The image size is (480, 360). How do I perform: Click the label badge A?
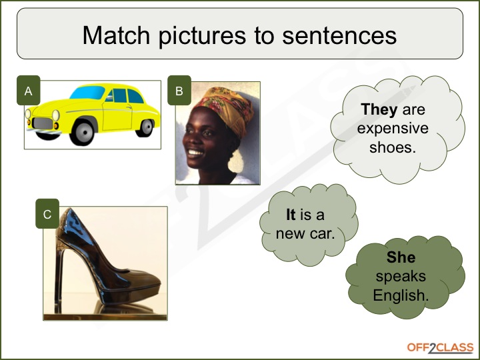(x=29, y=90)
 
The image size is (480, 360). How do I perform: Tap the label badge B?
(x=179, y=90)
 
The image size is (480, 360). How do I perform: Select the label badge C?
(x=47, y=214)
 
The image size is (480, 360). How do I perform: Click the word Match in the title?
(x=116, y=35)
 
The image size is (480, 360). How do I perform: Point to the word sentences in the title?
(x=339, y=36)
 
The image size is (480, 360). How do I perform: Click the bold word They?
(x=379, y=109)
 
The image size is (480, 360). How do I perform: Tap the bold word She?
(x=401, y=257)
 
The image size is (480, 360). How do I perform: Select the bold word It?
(x=291, y=214)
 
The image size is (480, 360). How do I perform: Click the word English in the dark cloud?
(x=401, y=296)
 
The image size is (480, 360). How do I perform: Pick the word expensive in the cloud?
(x=393, y=129)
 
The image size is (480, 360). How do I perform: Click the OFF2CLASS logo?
(x=440, y=348)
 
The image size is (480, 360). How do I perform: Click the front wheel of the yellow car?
(x=83, y=133)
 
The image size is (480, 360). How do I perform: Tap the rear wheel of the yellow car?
(x=146, y=127)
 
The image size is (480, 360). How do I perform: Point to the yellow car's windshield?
(x=88, y=93)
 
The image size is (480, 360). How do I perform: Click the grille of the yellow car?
(x=43, y=123)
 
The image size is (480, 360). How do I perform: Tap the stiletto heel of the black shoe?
(x=59, y=275)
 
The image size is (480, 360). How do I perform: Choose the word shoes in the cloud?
(x=393, y=147)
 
